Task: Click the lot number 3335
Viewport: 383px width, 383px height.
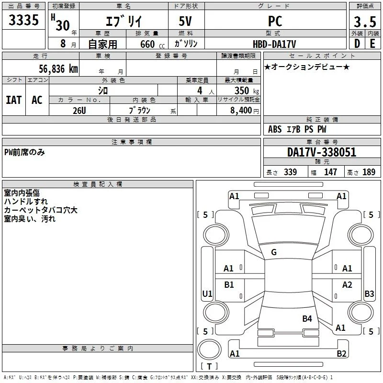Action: coord(23,20)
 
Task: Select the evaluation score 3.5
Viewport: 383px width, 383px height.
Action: coord(365,22)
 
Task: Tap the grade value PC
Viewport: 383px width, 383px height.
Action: coord(275,21)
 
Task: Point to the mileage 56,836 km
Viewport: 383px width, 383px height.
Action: coord(58,69)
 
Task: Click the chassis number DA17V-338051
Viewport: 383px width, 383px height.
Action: coord(322,152)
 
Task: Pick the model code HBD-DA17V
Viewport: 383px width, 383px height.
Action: coord(274,45)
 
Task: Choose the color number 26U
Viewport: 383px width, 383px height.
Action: coord(79,111)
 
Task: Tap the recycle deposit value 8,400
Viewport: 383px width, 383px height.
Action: coord(241,111)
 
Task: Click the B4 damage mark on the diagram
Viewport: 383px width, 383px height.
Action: coord(307,319)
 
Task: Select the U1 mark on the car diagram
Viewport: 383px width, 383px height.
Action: coord(207,293)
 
